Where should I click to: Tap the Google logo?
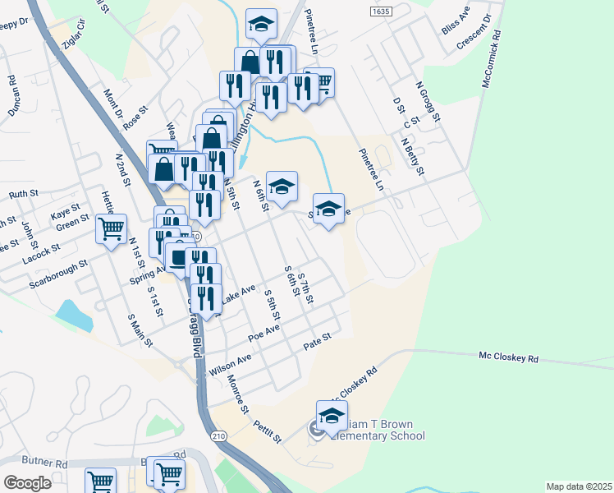click(27, 483)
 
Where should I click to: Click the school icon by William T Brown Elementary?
click(332, 417)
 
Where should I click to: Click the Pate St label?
click(316, 340)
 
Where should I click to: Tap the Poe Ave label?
click(264, 333)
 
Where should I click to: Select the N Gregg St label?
click(428, 101)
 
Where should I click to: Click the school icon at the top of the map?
click(262, 24)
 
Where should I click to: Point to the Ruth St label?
click(24, 195)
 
